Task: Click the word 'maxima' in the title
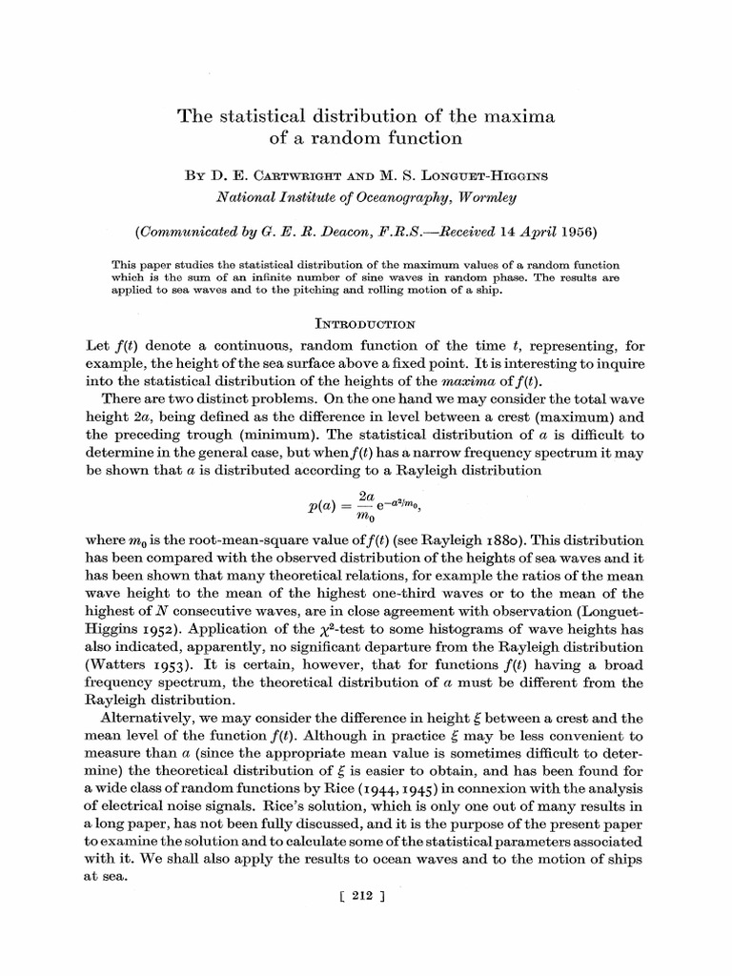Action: (x=519, y=116)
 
